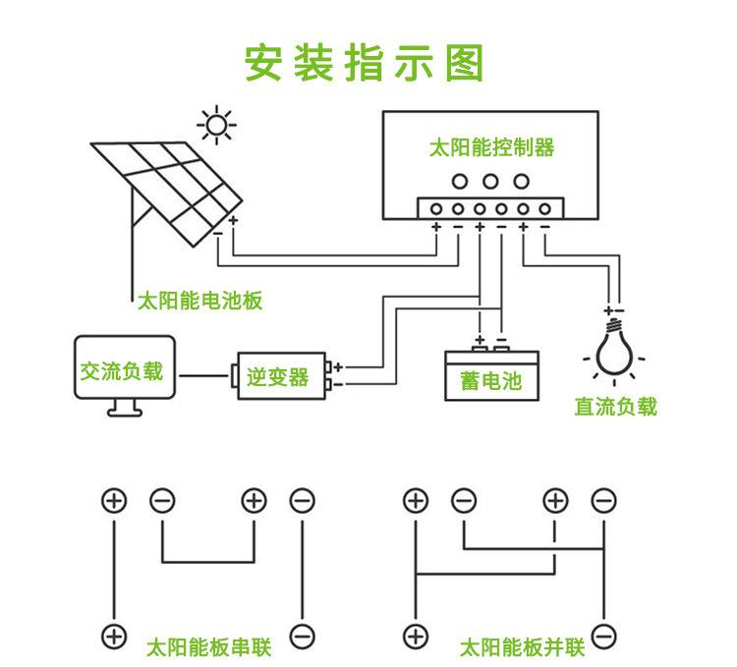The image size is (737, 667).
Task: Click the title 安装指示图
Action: pyautogui.click(x=365, y=62)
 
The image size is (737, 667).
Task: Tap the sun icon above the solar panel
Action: pyautogui.click(x=216, y=126)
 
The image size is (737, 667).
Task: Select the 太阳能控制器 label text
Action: pyautogui.click(x=491, y=148)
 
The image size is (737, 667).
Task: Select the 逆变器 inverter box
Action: pyautogui.click(x=279, y=376)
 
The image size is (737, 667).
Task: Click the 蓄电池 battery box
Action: pyautogui.click(x=490, y=377)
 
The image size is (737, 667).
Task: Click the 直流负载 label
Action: pyautogui.click(x=615, y=406)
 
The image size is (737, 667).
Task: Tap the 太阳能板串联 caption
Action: pyautogui.click(x=208, y=647)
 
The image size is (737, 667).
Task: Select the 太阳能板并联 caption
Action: pyautogui.click(x=522, y=647)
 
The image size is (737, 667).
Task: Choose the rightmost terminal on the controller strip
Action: pyautogui.click(x=544, y=208)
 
